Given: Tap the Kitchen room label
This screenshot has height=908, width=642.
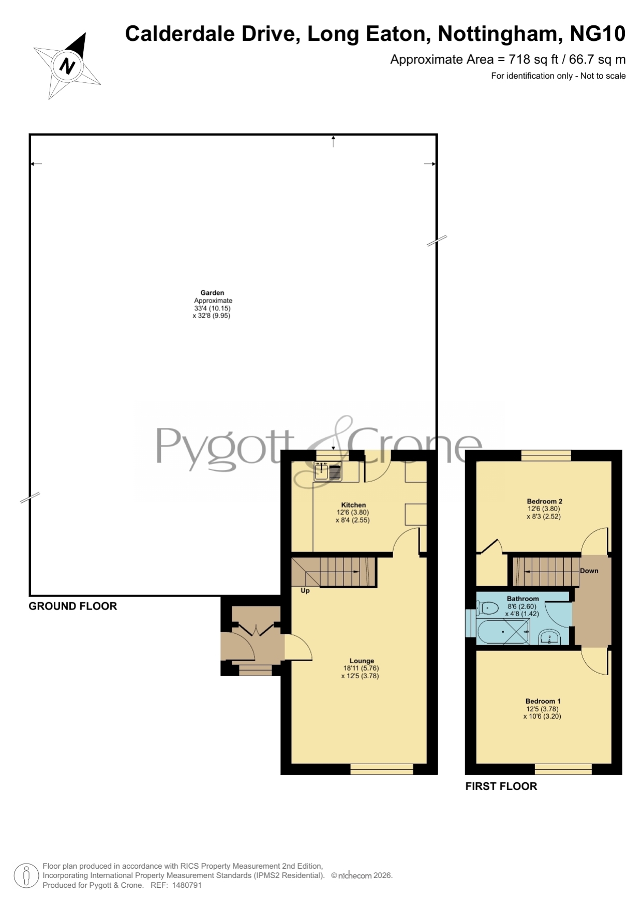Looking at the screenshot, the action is (x=353, y=505).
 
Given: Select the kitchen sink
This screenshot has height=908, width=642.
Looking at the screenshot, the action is (x=328, y=471).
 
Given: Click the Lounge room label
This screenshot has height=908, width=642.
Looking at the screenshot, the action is (x=362, y=661).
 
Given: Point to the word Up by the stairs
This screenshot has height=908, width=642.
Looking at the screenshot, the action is (x=305, y=590).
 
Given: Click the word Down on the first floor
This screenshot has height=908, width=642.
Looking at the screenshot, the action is (x=589, y=571).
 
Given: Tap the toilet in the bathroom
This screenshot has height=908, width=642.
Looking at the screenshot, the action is (x=487, y=608).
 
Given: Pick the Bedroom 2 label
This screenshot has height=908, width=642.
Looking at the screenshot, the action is (x=544, y=501).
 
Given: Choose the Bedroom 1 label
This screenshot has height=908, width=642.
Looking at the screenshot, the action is (x=543, y=701).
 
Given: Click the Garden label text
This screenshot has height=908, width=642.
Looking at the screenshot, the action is (x=212, y=293).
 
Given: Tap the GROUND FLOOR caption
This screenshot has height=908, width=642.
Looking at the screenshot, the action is (x=73, y=606).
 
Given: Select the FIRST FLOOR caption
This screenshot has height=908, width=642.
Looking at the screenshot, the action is (x=501, y=786).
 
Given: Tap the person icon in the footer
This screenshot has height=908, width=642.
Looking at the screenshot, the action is (x=26, y=876).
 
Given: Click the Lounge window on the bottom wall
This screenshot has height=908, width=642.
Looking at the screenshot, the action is (x=382, y=769).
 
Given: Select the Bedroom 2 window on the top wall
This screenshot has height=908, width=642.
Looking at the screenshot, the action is (x=546, y=455).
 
